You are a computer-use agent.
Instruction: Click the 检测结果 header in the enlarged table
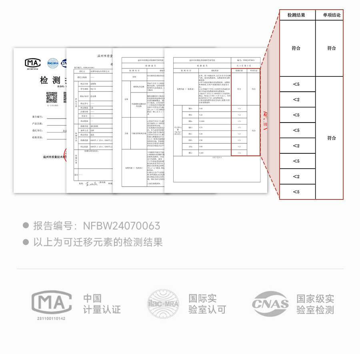pyautogui.click(x=296, y=15)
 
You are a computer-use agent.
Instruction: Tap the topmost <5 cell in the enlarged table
pyautogui.click(x=296, y=84)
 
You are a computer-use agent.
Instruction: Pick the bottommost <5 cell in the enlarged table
pyautogui.click(x=296, y=192)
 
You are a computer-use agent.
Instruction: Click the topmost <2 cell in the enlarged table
pyautogui.click(x=296, y=99)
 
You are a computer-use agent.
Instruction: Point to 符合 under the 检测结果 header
pyautogui.click(x=296, y=48)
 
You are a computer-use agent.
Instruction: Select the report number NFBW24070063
pyautogui.click(x=122, y=226)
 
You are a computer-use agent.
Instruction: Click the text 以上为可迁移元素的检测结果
pyautogui.click(x=98, y=242)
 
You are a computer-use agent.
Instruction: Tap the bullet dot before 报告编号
pyautogui.click(x=26, y=226)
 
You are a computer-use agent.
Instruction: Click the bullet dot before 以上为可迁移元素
pyautogui.click(x=26, y=242)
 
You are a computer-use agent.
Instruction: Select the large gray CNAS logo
pyautogui.click(x=270, y=304)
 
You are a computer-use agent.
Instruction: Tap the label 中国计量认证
pyautogui.click(x=102, y=304)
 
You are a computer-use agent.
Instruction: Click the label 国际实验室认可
pyautogui.click(x=207, y=304)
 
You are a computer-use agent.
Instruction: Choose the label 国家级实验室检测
pyautogui.click(x=315, y=304)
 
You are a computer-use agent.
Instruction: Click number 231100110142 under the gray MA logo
pyautogui.click(x=51, y=318)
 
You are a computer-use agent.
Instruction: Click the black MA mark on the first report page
pyautogui.click(x=33, y=63)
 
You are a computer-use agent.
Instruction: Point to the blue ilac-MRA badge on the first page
pyautogui.click(x=53, y=63)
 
